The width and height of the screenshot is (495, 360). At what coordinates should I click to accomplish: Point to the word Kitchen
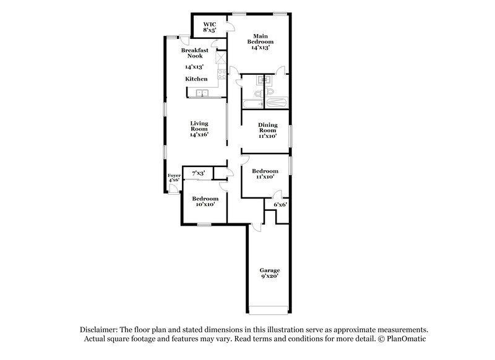[197, 79]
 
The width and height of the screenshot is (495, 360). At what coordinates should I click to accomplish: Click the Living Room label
[198, 128]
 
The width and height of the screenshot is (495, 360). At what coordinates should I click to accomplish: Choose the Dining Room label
[267, 130]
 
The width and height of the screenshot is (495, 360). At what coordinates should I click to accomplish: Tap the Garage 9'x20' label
[269, 274]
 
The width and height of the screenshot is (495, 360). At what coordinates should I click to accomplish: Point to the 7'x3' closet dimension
[199, 173]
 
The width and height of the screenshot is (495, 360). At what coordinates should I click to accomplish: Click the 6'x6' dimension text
[280, 204]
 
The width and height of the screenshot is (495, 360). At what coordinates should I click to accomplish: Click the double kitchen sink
[202, 94]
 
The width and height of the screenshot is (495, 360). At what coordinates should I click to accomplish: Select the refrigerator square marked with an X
[220, 58]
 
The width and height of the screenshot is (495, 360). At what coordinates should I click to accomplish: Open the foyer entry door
[172, 189]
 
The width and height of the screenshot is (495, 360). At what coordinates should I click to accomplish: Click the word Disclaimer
[99, 330]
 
